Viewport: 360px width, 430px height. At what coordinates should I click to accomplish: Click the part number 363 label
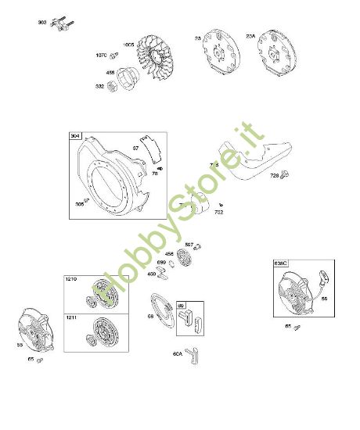pyautogui.click(x=41, y=22)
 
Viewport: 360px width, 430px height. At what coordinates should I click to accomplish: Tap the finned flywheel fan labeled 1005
pyautogui.click(x=161, y=56)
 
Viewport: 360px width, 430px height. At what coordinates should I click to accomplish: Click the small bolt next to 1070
pyautogui.click(x=114, y=55)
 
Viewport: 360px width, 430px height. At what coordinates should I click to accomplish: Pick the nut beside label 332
pyautogui.click(x=113, y=86)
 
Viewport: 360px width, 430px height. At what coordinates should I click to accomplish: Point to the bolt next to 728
pyautogui.click(x=284, y=173)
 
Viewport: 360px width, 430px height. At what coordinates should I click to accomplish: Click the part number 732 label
pyautogui.click(x=219, y=212)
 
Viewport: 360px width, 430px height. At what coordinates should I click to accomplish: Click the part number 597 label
pyautogui.click(x=189, y=245)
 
